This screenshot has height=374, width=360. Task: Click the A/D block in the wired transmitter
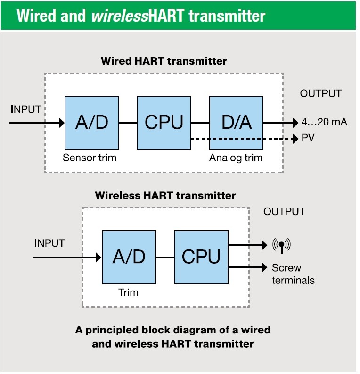[92, 123]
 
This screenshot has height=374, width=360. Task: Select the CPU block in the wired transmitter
[164, 123]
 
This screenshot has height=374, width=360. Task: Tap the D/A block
[236, 123]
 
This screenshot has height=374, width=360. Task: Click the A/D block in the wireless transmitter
[129, 257]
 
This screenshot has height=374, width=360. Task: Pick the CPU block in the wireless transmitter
[201, 257]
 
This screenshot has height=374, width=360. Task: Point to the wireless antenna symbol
[282, 245]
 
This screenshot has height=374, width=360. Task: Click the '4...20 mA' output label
[324, 123]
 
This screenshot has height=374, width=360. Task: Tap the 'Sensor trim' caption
[89, 158]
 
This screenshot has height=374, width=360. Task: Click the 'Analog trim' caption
[236, 158]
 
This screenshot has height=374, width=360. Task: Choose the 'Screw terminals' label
[293, 274]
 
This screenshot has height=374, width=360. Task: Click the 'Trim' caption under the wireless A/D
[128, 292]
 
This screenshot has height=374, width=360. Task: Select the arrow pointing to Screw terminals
[247, 267]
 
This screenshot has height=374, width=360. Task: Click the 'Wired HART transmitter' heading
[164, 61]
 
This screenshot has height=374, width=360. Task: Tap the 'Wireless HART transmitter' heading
[165, 195]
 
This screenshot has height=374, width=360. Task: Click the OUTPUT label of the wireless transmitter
[284, 211]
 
